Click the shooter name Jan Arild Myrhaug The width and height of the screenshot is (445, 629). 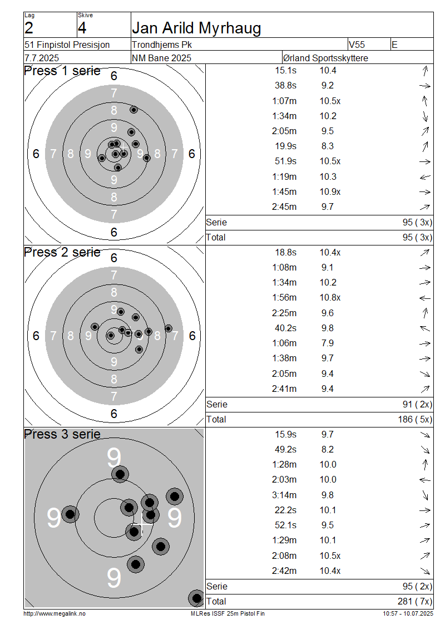196,28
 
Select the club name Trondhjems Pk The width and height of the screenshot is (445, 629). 162,45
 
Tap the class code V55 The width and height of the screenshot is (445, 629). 357,45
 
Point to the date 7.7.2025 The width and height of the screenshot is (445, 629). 42,58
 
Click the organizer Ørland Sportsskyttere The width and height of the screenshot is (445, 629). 325,58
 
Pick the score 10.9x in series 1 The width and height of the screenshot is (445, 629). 330,191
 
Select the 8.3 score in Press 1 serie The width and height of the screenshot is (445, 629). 328,146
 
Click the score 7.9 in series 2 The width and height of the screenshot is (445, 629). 328,343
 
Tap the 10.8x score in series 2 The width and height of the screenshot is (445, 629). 330,298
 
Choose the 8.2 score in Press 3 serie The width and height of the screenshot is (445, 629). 328,450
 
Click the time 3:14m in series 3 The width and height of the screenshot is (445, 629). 284,495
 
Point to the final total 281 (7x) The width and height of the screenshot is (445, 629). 415,601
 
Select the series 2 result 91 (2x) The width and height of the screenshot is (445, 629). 417,404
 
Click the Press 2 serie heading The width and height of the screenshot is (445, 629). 62,252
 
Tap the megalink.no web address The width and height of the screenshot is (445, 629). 55,614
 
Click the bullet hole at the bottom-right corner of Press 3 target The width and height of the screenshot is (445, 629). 196,598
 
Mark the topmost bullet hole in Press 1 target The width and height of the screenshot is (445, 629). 134,110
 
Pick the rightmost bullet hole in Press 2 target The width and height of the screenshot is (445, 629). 169,328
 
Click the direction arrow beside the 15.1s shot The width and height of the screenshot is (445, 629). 425,71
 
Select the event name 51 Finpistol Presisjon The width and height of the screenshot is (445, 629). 67,45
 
